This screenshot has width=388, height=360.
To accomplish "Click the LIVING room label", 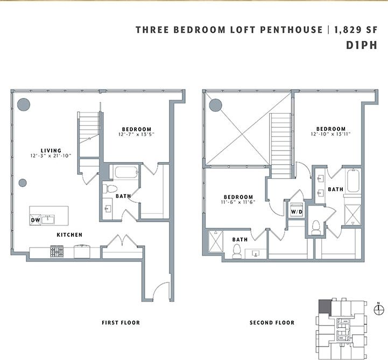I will tap(51, 151).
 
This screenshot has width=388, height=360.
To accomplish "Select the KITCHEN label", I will tap(70, 235).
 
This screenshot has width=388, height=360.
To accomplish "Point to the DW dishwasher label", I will tap(35, 220).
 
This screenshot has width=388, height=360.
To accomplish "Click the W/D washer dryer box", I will tap(296, 211).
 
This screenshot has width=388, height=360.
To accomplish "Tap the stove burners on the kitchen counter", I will tap(58, 251).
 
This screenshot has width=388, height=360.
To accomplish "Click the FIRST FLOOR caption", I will tap(121, 323).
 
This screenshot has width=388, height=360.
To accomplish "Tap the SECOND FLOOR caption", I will tap(272, 323).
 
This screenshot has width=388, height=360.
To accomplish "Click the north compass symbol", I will tap(379, 308).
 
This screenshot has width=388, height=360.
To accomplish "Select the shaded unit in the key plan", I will tap(325, 307).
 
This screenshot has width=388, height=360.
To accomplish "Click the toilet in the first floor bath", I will tap(111, 188).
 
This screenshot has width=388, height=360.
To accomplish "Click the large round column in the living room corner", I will tap(23, 104).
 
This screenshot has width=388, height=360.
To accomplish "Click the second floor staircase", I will tap(280, 140).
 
